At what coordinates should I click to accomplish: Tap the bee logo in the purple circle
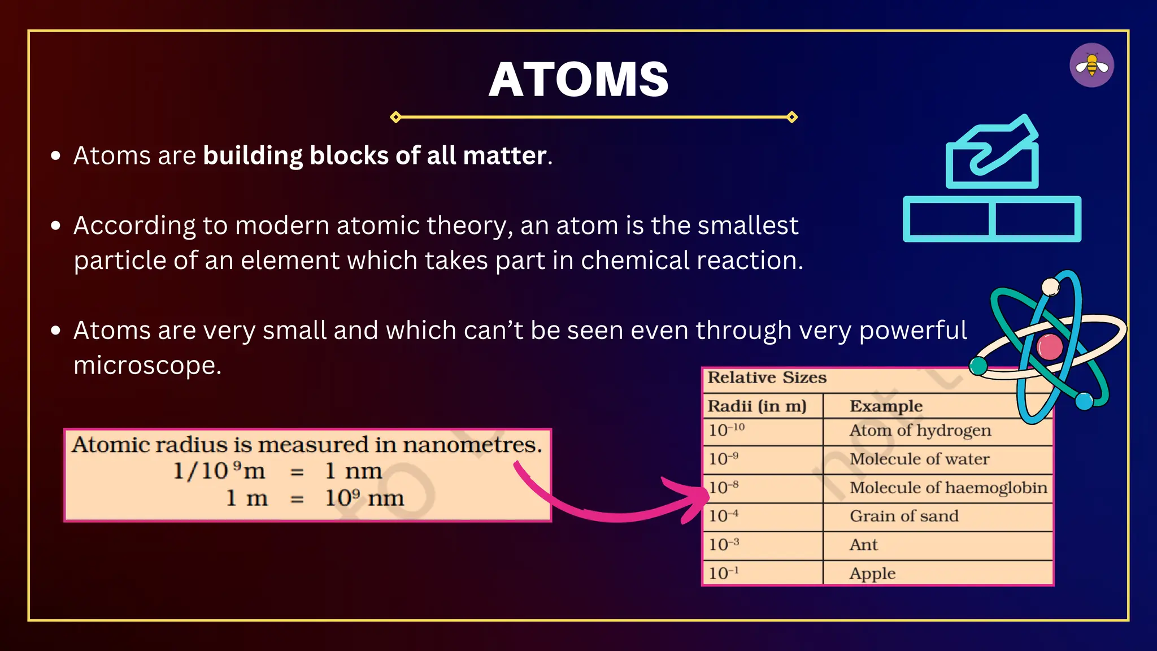(1091, 66)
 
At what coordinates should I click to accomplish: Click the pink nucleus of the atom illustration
(1050, 347)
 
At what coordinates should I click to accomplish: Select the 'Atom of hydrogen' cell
(920, 431)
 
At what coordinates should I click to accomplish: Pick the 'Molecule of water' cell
(919, 459)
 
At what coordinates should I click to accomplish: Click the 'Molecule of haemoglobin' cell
(948, 488)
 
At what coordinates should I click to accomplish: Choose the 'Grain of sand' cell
(904, 516)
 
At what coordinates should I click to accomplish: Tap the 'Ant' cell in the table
(863, 545)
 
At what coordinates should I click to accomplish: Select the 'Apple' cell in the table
(872, 574)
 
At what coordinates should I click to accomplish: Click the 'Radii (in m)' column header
(757, 406)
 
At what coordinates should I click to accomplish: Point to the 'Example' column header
(886, 406)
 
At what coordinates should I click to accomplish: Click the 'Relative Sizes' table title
(767, 377)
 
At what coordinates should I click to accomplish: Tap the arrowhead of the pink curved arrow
(698, 496)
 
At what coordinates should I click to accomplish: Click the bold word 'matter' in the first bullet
(504, 155)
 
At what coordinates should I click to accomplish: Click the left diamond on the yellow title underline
(396, 117)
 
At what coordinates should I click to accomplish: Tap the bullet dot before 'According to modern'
(55, 226)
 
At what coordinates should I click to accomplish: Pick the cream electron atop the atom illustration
(1050, 287)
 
